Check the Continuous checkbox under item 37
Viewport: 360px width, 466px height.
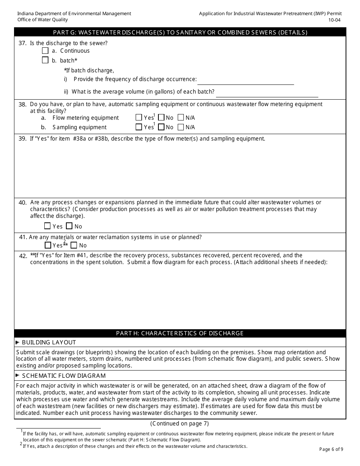(x=45, y=50)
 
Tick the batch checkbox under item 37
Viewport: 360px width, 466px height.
(x=45, y=60)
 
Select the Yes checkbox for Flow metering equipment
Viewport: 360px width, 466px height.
(x=139, y=117)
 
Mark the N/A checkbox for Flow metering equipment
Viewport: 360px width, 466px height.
(x=181, y=117)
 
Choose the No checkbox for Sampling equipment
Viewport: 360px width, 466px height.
(x=161, y=127)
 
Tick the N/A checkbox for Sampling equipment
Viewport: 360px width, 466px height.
(x=181, y=127)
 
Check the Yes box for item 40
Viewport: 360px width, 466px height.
(x=47, y=226)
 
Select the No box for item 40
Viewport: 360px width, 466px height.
(x=69, y=226)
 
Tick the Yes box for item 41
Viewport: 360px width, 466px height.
(x=48, y=245)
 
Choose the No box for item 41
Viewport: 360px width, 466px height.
(x=74, y=245)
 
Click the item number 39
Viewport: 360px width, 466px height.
(x=22, y=139)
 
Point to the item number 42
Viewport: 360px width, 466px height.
(x=23, y=256)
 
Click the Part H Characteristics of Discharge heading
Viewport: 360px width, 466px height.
(x=180, y=333)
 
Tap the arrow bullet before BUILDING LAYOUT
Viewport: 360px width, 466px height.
(x=17, y=342)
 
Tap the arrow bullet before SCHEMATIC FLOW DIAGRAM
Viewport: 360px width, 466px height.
(x=17, y=375)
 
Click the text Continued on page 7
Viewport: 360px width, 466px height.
(x=180, y=424)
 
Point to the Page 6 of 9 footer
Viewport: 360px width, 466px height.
(x=331, y=449)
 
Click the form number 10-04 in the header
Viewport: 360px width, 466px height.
(x=335, y=20)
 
